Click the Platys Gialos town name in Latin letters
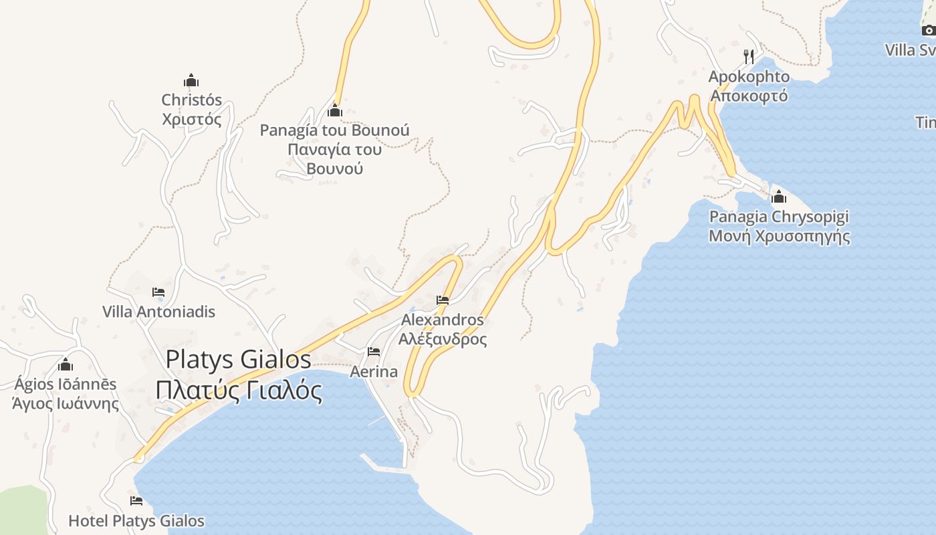click(x=238, y=360)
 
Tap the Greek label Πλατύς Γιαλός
click(x=238, y=390)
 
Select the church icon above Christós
click(x=192, y=81)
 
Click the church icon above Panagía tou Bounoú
click(x=335, y=110)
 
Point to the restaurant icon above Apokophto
click(x=749, y=56)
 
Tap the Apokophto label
click(x=749, y=77)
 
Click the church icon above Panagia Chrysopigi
click(x=779, y=197)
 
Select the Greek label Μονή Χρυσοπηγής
click(x=779, y=236)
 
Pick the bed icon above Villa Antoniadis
click(x=158, y=292)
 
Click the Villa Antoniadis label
click(x=159, y=312)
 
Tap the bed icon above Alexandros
click(x=443, y=300)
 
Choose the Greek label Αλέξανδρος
click(x=443, y=339)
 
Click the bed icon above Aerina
click(x=374, y=352)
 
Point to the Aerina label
click(x=374, y=372)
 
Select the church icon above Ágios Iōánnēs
click(x=66, y=365)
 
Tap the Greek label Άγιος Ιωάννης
click(x=66, y=404)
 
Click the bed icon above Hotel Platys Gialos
click(x=136, y=501)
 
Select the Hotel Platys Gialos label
click(x=136, y=521)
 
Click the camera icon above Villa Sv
click(x=928, y=30)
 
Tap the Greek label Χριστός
click(x=192, y=120)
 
